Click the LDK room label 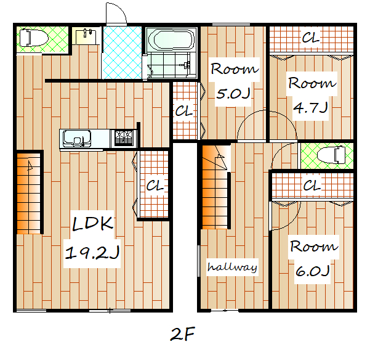[x=92, y=223]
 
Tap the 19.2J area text [x=92, y=253]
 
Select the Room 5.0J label [x=234, y=82]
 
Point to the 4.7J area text [x=310, y=107]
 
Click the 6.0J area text [x=312, y=271]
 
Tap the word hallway [x=232, y=267]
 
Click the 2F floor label [x=182, y=334]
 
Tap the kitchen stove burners [x=124, y=138]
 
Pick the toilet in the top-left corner [x=33, y=38]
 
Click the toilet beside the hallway [x=331, y=155]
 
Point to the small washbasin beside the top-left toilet [x=86, y=37]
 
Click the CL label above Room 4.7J [x=311, y=38]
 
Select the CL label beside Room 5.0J [x=184, y=111]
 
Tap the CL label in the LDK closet [x=155, y=186]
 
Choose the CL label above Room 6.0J [x=312, y=186]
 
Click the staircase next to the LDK [x=29, y=194]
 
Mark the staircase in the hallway [x=215, y=187]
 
